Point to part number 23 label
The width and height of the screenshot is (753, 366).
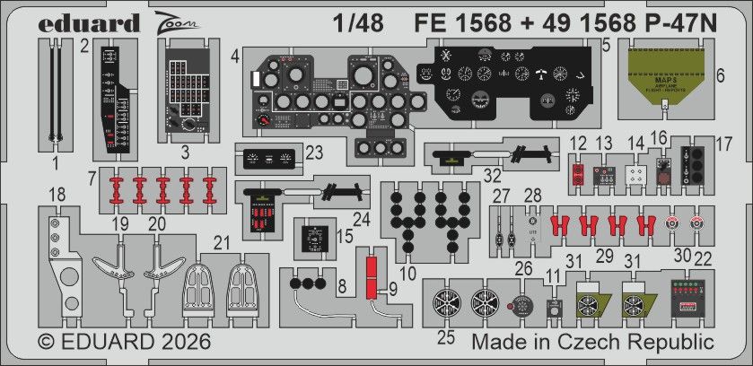(313, 152)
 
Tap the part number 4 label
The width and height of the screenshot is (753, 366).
(234, 57)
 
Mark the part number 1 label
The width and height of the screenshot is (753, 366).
(54, 163)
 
